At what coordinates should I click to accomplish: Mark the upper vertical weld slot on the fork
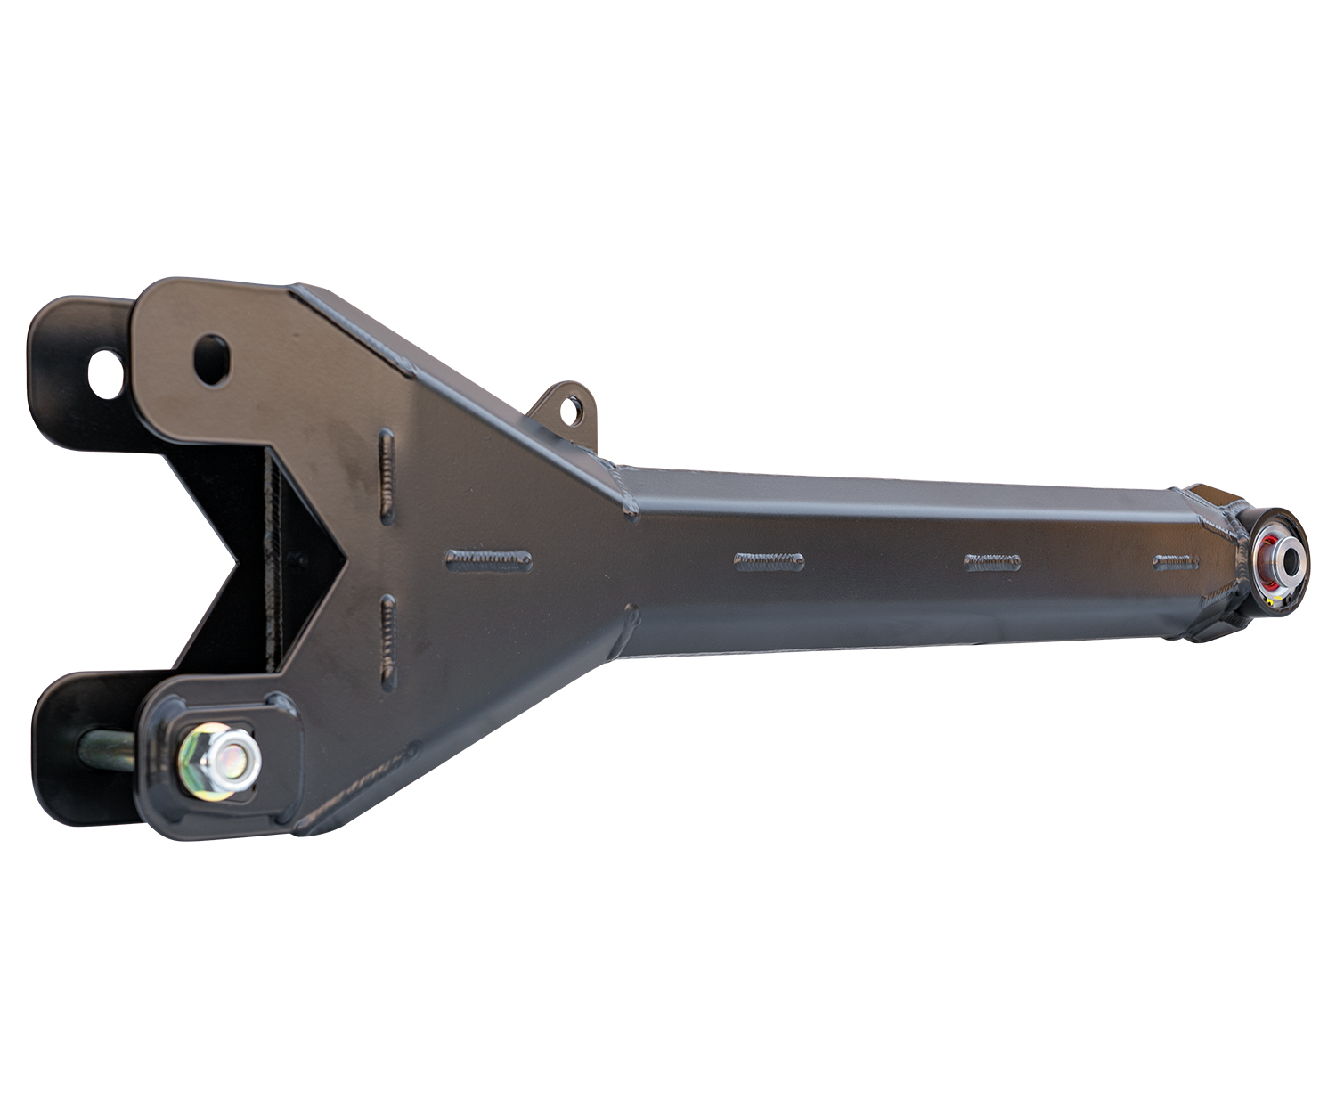pos(387,476)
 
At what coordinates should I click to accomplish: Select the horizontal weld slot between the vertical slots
pos(488,559)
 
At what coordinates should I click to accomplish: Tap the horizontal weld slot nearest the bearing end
pos(1176,562)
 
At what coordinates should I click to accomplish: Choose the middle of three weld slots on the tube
pos(992,562)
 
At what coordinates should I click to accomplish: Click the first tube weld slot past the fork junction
pos(769,561)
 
